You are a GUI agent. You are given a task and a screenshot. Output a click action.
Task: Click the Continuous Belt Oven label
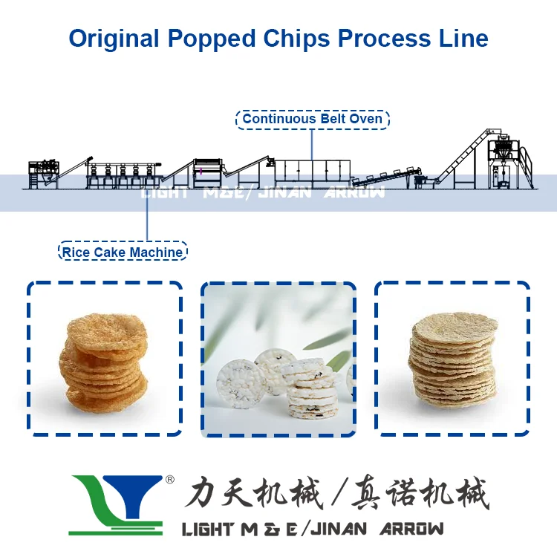[313, 119]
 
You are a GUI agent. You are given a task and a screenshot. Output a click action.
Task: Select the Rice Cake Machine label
[122, 253]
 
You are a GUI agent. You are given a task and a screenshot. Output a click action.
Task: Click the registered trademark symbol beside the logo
[169, 481]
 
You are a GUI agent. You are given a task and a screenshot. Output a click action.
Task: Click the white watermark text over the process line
[264, 193]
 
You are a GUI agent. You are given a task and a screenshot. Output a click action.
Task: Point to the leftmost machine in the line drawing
[42, 172]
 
